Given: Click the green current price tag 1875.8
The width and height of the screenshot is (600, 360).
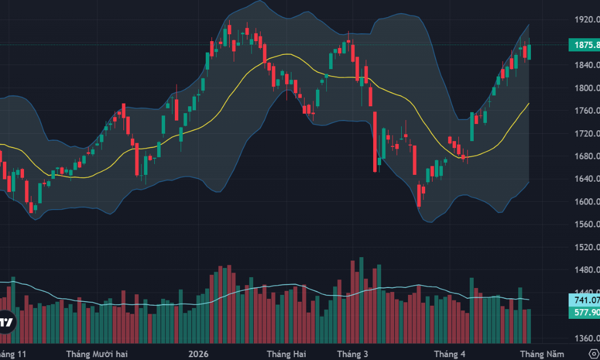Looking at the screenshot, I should (x=584, y=45).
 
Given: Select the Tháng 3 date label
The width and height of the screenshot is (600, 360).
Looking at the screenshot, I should (x=353, y=354).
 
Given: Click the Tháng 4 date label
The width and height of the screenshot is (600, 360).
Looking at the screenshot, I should (x=450, y=354).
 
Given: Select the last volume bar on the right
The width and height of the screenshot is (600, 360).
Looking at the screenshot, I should (x=530, y=326).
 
